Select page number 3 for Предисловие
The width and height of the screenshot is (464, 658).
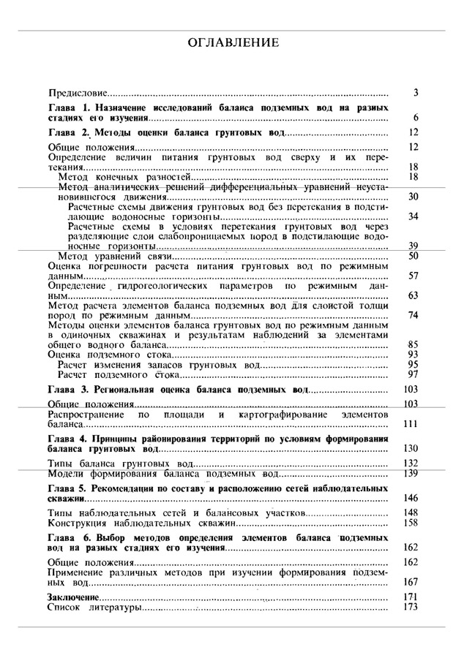tap(415, 93)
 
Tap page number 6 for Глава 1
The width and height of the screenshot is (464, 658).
tap(415, 118)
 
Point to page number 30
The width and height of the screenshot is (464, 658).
tap(413, 197)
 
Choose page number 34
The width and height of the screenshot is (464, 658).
tap(413, 217)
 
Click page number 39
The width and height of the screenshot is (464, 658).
tap(413, 246)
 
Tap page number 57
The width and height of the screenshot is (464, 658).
tap(413, 276)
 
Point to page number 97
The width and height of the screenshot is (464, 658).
tap(413, 374)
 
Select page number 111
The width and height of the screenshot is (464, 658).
tap(411, 424)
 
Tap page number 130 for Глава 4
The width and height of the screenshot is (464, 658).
tap(411, 448)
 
